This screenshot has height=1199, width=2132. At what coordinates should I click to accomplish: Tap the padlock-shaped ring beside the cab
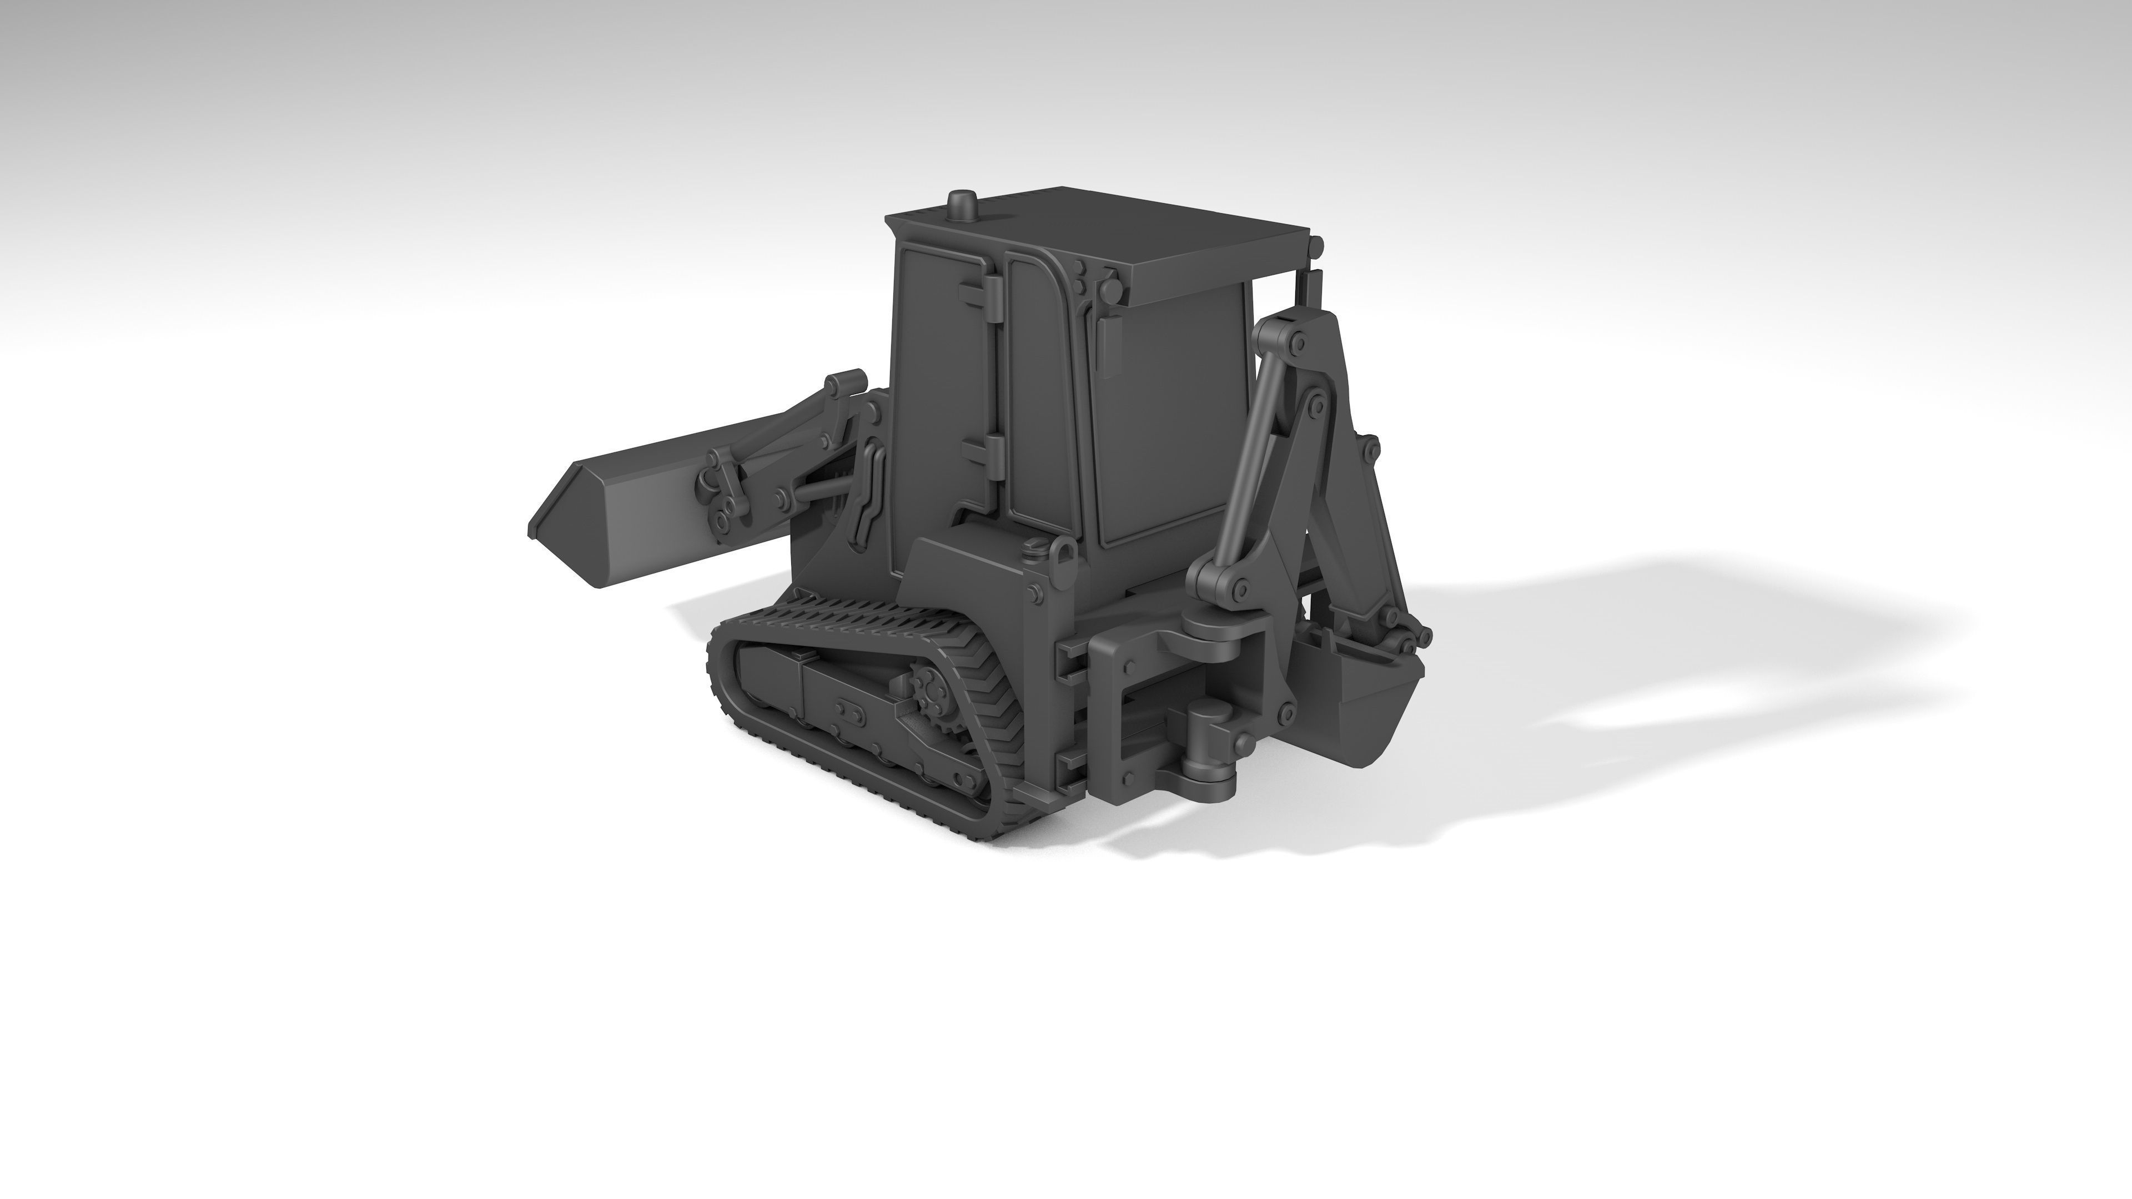[x=1064, y=553]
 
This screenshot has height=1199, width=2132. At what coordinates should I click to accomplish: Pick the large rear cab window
[x=1175, y=414]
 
